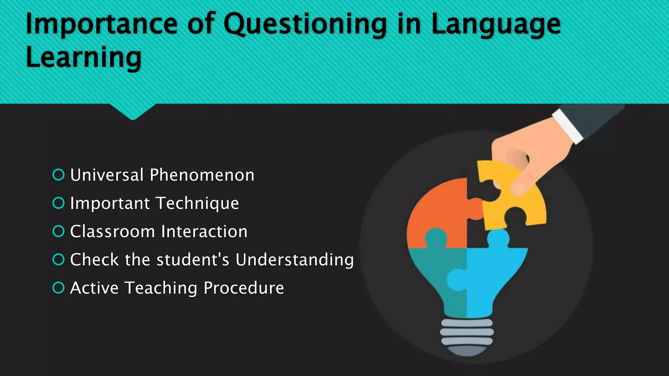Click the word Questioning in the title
point(305,25)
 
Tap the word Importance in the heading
point(101,25)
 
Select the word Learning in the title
point(84,57)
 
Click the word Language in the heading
point(496,25)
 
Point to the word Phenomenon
point(202,175)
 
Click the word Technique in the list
point(197,203)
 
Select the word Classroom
point(112,232)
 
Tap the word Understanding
point(294,260)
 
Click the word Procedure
point(244,288)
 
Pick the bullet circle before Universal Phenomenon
point(58,175)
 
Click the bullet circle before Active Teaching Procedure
point(58,288)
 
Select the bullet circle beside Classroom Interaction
point(58,231)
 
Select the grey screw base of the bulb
point(467,336)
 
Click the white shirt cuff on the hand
point(568,126)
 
